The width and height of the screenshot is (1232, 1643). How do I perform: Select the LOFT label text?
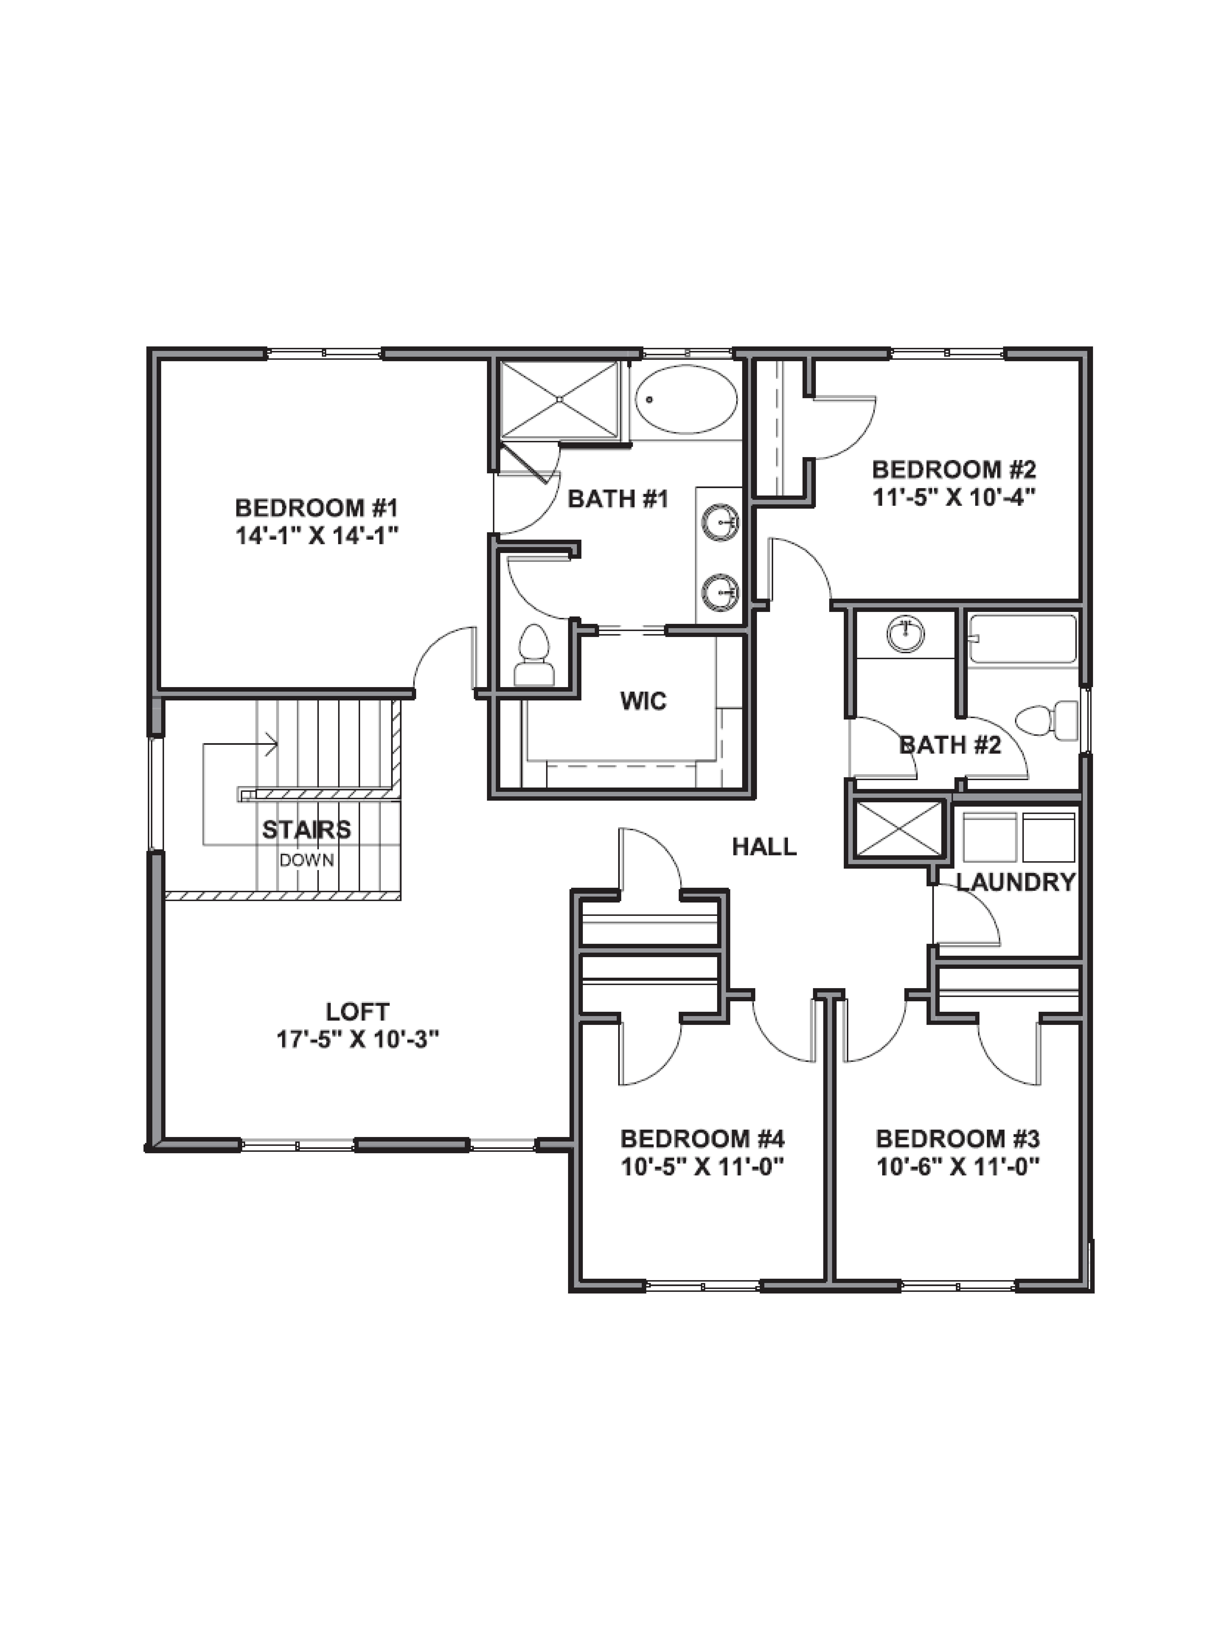point(357,1012)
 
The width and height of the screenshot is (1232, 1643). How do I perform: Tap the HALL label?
point(764,846)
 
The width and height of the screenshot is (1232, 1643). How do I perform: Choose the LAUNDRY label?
point(1015,882)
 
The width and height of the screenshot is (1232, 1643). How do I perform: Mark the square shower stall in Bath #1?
point(559,400)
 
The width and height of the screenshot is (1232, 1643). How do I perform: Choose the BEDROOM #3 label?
point(957,1139)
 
